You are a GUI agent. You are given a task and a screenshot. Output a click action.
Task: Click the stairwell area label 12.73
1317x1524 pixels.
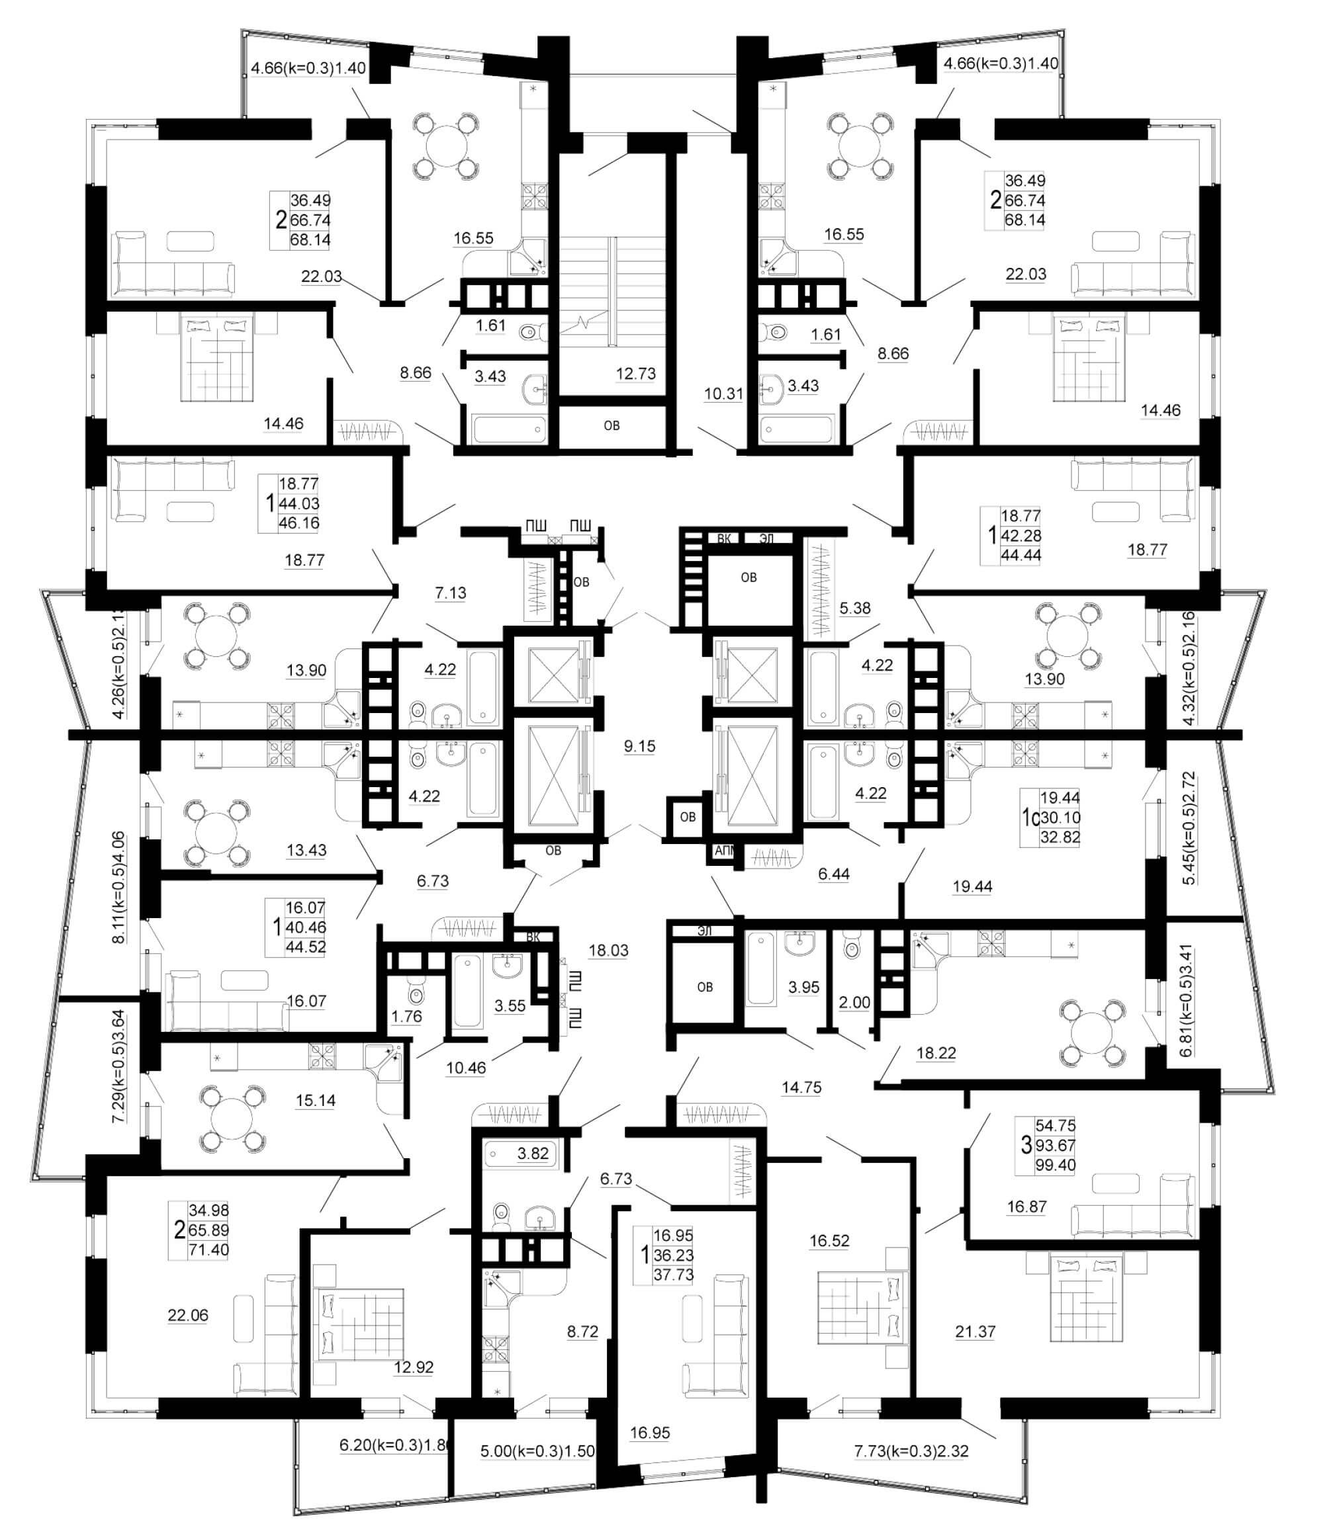636,374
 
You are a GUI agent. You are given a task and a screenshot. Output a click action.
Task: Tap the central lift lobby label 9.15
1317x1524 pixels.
639,746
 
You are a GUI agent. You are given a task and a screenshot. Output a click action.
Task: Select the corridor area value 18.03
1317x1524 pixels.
608,951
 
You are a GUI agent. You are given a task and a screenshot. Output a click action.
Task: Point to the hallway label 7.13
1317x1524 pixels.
450,592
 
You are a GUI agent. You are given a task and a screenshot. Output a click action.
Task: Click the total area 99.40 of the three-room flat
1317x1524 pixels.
1055,1165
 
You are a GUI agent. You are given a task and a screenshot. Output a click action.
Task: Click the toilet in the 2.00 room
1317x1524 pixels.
852,948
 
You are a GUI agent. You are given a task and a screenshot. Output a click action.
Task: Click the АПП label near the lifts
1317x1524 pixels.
725,851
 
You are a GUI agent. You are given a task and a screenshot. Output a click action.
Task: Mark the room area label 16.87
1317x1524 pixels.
1026,1206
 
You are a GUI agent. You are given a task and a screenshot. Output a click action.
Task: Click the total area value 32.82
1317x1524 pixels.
1060,837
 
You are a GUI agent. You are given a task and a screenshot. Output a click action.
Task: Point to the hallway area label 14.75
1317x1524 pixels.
801,1087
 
